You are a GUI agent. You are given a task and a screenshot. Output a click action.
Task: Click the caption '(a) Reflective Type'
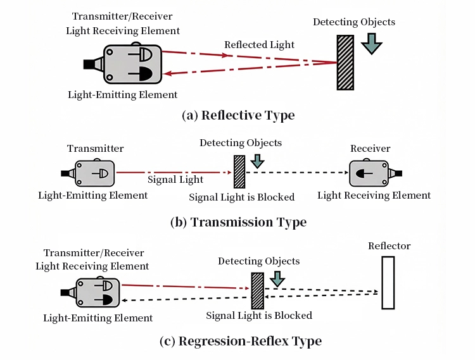tap(237, 115)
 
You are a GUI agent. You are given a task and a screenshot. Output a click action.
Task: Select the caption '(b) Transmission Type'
tap(238, 222)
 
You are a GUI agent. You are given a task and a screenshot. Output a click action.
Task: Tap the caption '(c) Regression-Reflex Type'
tap(241, 341)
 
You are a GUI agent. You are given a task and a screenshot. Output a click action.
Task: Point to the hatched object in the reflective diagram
tap(345, 63)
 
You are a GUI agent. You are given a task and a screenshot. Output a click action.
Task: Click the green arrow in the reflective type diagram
tap(372, 43)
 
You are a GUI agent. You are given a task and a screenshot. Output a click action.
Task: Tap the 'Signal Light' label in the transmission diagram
tap(175, 180)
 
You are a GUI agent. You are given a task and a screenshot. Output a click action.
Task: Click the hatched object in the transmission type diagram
tap(239, 171)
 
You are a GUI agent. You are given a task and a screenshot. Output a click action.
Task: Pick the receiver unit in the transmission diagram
tap(371, 172)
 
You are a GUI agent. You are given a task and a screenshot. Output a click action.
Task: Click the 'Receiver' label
tap(370, 149)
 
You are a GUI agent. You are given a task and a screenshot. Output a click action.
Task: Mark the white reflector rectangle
tap(388, 282)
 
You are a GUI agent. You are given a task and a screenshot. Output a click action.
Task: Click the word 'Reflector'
tap(389, 245)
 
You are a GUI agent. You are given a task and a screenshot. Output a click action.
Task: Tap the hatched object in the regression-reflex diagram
tap(257, 290)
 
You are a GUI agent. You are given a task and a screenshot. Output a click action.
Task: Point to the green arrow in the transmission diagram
tap(256, 161)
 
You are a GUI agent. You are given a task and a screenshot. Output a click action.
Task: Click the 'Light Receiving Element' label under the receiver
tap(374, 196)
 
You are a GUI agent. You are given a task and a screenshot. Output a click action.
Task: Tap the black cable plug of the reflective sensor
tap(89, 64)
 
